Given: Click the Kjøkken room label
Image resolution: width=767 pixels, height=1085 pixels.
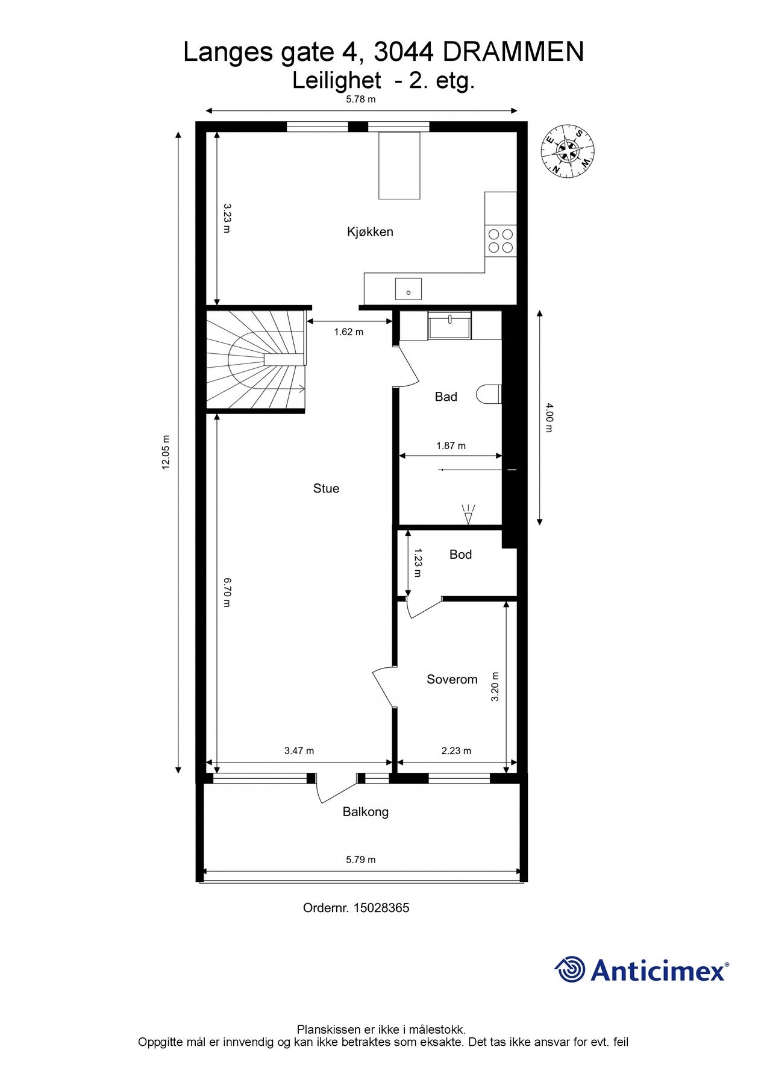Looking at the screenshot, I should coord(370,232).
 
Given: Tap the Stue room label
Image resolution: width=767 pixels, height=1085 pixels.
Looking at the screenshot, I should coord(326,489).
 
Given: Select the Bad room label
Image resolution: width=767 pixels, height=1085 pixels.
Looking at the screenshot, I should coord(446,397).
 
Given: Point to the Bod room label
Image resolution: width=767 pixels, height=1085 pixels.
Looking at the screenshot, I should coord(460,555).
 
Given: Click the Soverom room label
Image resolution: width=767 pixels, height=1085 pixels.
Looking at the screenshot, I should coord(452,679).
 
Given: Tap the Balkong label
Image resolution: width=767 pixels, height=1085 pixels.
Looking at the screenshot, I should coord(366,812).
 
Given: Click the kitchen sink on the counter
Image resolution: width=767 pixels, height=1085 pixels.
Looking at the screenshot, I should coord(408,289).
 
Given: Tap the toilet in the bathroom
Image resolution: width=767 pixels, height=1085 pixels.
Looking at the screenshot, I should coord(489,394).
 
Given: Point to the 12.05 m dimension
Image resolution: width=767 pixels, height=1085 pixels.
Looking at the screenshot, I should coord(166,452).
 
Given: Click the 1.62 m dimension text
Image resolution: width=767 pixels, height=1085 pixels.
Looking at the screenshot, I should coord(349,332).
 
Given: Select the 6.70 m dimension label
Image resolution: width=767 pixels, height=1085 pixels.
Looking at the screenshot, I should coord(227,592).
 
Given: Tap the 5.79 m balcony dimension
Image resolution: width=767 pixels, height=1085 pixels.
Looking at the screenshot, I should coord(360,860).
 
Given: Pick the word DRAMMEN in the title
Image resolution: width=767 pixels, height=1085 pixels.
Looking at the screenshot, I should coord(513,52).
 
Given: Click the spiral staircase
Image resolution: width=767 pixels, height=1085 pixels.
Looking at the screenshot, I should coord(256,360).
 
